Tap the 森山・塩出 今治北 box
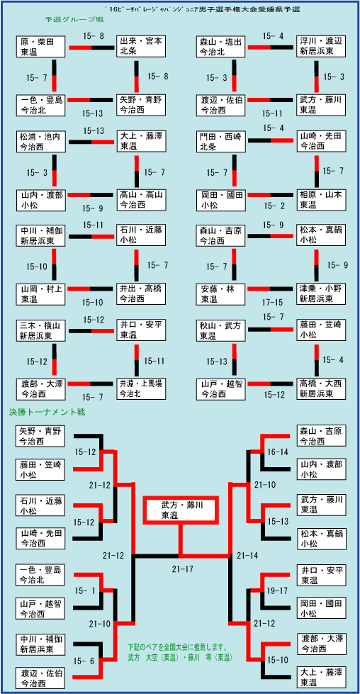(x=220, y=47)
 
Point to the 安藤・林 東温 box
(x=220, y=294)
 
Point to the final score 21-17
(x=183, y=569)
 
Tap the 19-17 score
(x=278, y=591)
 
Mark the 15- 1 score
(x=85, y=591)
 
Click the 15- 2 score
(x=274, y=206)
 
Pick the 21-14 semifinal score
(x=247, y=554)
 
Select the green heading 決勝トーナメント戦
(x=47, y=413)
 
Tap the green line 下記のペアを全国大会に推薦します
(x=177, y=644)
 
